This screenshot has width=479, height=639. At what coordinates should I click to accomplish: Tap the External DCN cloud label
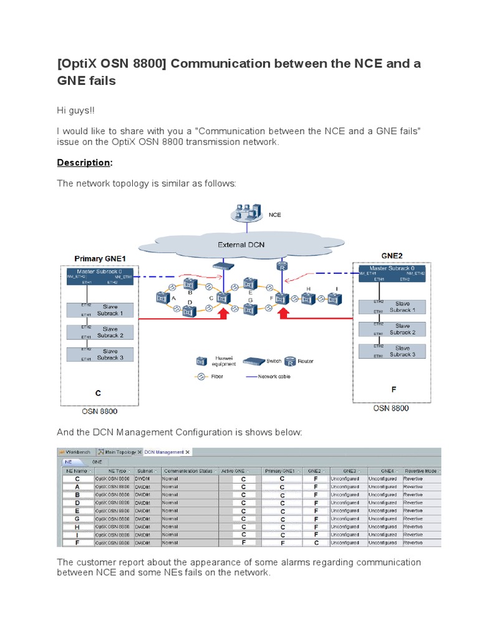click(240, 245)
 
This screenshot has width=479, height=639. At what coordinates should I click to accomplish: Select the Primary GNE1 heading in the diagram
click(100, 258)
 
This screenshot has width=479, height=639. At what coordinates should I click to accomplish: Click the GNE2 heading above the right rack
click(393, 255)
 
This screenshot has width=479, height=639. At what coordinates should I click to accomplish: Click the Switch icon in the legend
click(254, 361)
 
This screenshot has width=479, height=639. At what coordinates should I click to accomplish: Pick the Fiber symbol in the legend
click(201, 377)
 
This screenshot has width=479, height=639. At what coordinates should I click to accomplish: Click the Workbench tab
click(75, 452)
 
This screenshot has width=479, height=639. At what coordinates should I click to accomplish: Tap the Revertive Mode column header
click(422, 471)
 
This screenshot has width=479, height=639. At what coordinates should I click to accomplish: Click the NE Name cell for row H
click(77, 526)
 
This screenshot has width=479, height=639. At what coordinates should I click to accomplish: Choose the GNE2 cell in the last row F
click(316, 543)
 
